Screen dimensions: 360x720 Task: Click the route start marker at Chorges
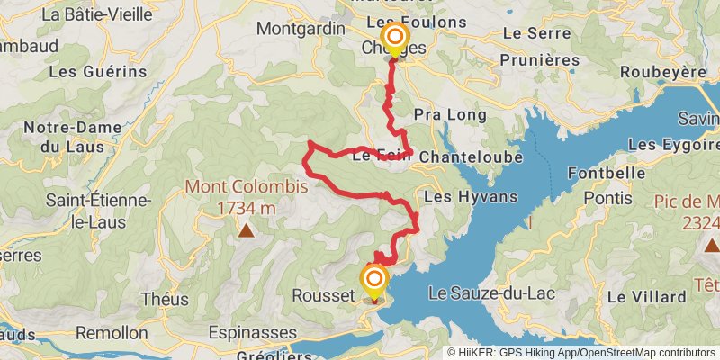coord(394,38)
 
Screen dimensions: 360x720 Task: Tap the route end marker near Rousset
coord(373,281)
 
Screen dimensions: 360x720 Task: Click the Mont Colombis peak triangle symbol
coord(245,231)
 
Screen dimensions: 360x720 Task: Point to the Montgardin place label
coord(301,28)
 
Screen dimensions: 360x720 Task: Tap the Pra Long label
coord(450,115)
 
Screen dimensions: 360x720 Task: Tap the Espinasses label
coord(252,332)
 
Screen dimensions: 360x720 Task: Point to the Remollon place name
coord(112,332)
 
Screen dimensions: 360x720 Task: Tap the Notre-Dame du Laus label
coord(67,136)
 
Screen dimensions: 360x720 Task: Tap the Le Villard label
coord(647,295)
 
